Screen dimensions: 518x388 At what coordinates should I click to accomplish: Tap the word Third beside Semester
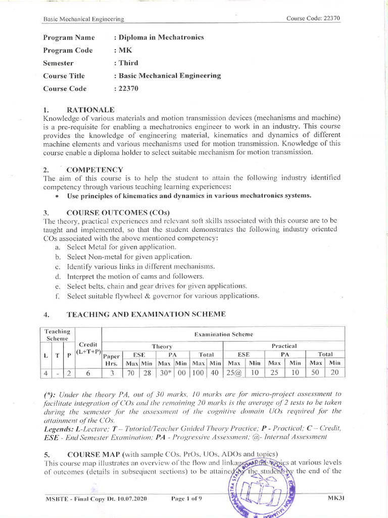click(x=128, y=63)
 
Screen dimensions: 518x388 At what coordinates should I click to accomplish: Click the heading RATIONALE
click(x=91, y=109)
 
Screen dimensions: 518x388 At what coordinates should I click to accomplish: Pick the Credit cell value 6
click(x=88, y=373)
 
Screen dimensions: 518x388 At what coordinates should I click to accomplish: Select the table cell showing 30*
click(x=165, y=373)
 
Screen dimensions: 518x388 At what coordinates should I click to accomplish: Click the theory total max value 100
click(x=199, y=373)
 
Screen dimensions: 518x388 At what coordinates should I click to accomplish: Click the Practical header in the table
click(x=284, y=346)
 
